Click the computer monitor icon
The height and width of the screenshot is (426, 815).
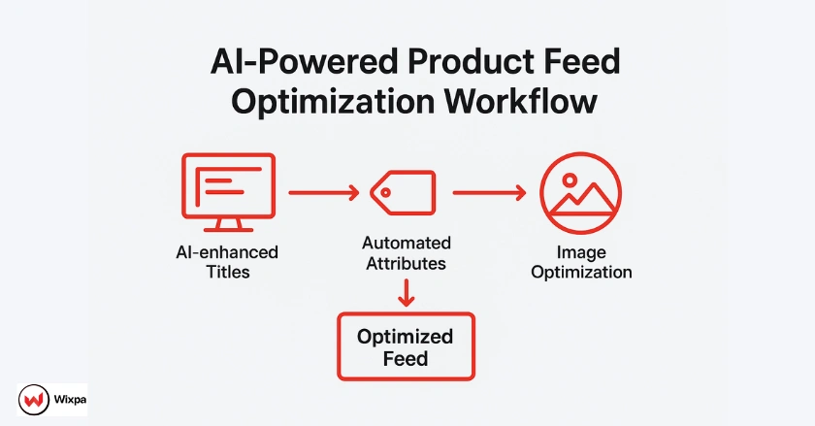[228, 186]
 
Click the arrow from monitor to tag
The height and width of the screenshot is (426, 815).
[323, 193]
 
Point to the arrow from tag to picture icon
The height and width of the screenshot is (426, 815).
[489, 193]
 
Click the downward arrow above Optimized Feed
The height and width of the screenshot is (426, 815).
[407, 290]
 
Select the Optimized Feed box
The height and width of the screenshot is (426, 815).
[405, 346]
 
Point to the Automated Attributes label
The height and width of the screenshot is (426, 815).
[407, 252]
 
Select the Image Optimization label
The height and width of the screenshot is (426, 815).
[581, 262]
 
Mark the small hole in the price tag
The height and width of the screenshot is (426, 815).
[385, 192]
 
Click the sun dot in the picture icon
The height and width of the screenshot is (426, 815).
[570, 179]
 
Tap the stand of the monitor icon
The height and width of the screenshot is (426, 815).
[228, 225]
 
